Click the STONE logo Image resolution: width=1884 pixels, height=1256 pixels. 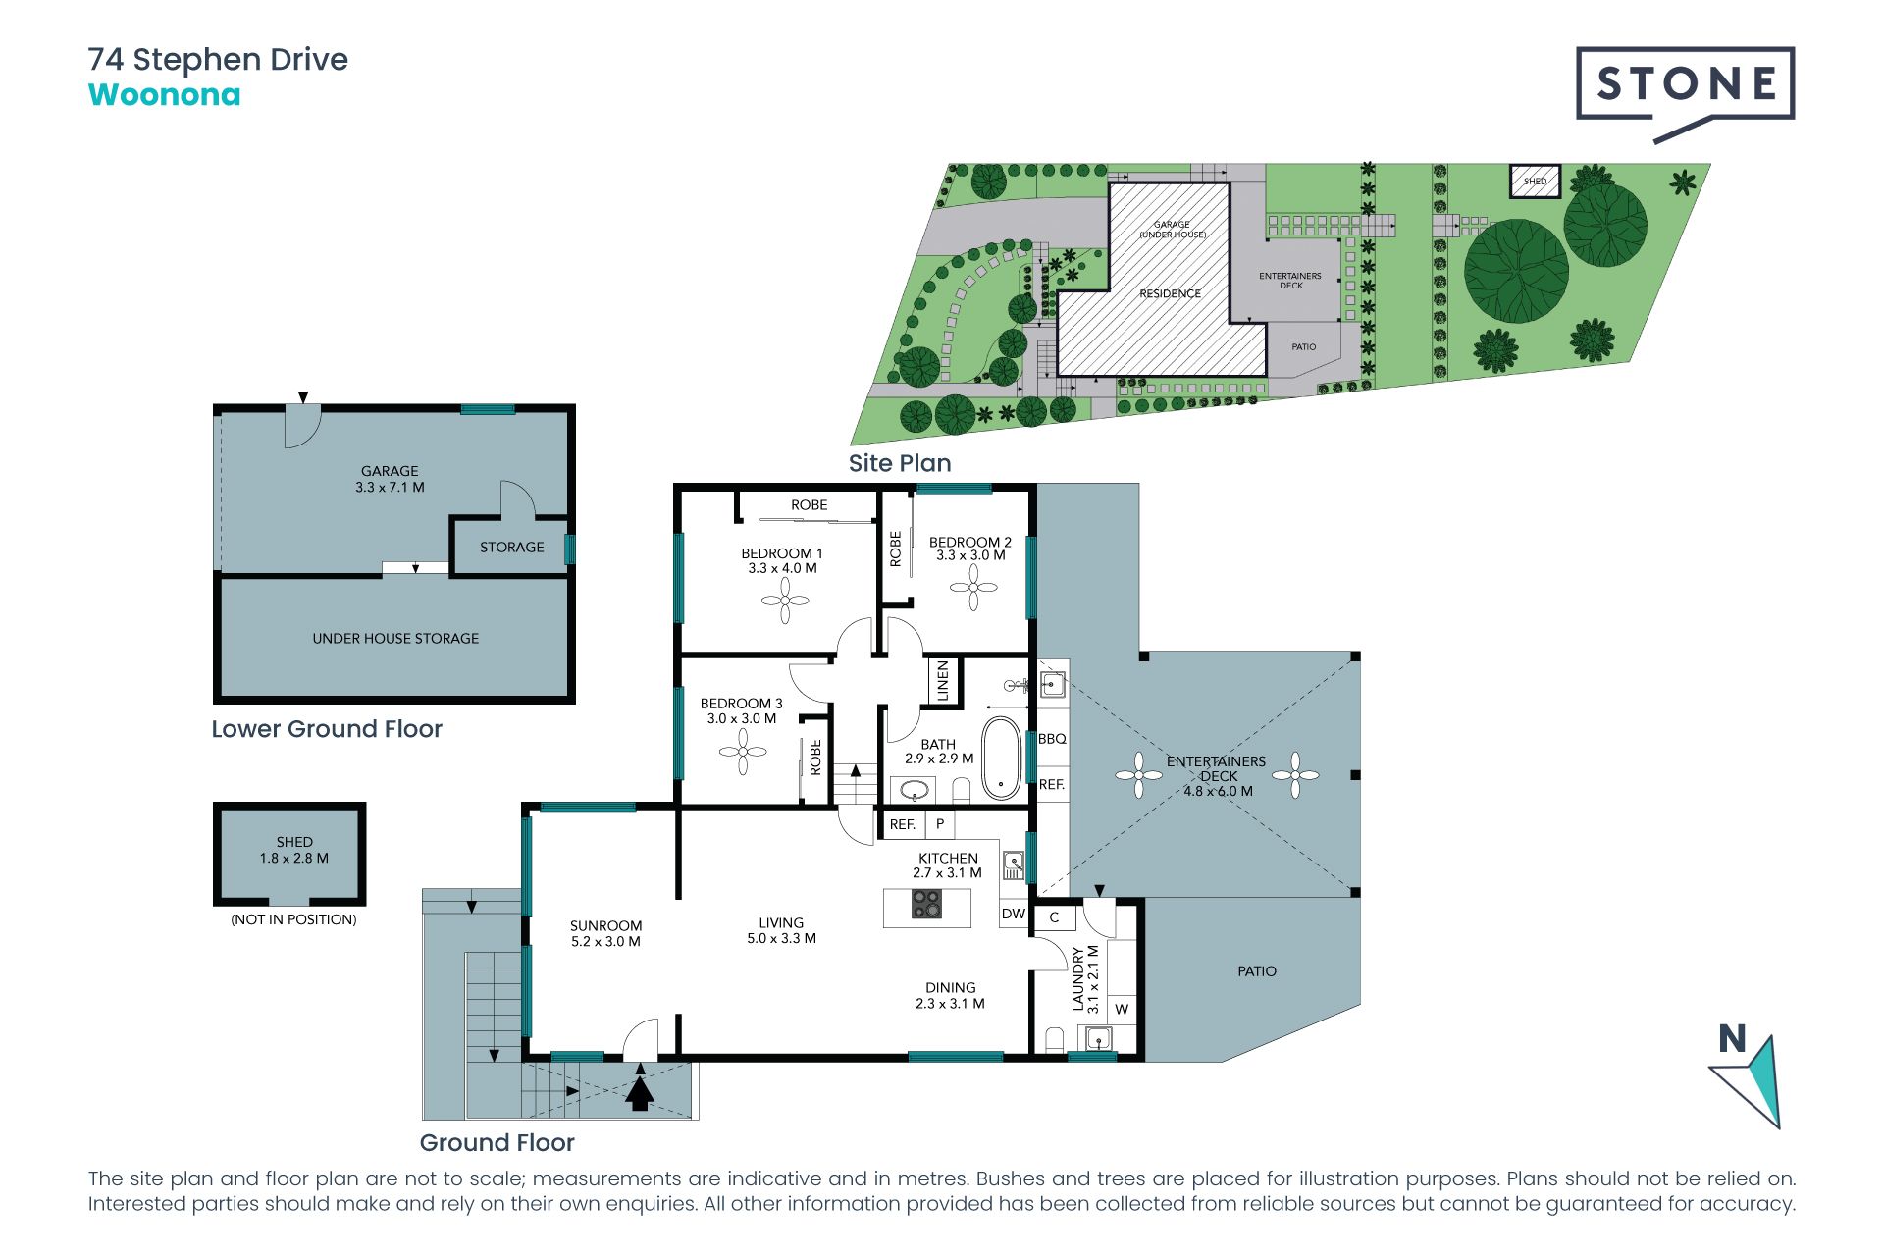(x=1685, y=93)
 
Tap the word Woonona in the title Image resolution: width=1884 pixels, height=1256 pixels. (x=164, y=95)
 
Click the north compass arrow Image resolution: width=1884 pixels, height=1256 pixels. (x=1753, y=1079)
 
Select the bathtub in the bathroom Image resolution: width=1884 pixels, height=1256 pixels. (x=1001, y=758)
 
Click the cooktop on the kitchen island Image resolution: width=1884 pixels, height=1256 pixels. (x=926, y=904)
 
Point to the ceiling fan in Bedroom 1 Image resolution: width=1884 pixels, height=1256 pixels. (x=785, y=600)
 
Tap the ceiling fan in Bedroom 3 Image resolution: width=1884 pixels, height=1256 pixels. (x=743, y=753)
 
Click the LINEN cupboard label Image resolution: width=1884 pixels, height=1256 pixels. (x=943, y=681)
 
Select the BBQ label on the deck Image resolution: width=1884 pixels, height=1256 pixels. (x=1052, y=739)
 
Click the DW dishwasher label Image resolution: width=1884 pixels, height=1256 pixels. (x=1014, y=914)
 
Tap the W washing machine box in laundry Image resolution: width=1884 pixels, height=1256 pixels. (x=1122, y=1009)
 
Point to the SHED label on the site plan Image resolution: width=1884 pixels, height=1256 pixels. (x=1535, y=182)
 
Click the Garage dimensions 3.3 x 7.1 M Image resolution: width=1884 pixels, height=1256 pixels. (x=390, y=488)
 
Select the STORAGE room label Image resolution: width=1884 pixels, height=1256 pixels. (x=511, y=548)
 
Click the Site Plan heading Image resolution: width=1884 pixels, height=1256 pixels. (x=900, y=463)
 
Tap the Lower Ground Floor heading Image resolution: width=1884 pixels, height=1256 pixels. (x=327, y=729)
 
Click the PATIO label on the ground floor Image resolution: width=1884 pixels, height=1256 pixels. (x=1257, y=971)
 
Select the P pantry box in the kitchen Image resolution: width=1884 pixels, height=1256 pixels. (x=939, y=824)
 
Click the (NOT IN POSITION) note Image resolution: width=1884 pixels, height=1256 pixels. (x=293, y=919)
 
